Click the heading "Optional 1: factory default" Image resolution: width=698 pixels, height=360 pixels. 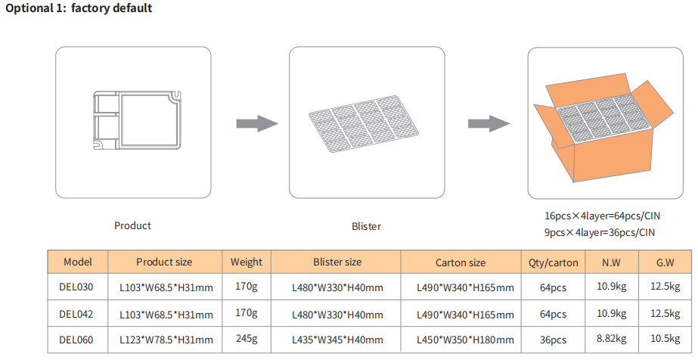(79, 8)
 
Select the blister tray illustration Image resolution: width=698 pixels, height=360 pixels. (362, 123)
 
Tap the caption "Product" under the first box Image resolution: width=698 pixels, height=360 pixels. (132, 225)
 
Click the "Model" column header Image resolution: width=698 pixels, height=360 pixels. (77, 262)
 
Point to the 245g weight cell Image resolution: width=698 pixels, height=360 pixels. (246, 340)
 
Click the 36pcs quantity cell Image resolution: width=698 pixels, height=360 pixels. (553, 340)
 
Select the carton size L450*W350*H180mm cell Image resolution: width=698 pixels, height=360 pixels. (465, 340)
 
